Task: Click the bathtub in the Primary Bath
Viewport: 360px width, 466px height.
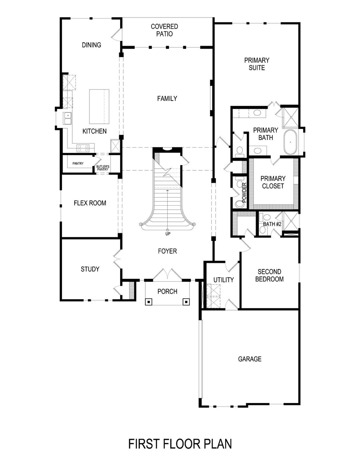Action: coord(290,142)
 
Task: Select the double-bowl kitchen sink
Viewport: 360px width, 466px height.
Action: coord(67,118)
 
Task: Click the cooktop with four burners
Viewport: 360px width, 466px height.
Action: coord(83,148)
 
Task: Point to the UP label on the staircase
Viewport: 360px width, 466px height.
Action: coord(168,234)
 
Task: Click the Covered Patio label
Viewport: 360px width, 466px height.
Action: coord(165,30)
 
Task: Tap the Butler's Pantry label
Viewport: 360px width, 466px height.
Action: coord(103,168)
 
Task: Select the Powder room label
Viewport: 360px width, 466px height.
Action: coord(244,193)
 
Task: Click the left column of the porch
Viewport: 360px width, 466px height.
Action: coord(148,302)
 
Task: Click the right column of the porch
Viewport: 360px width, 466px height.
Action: coord(186,302)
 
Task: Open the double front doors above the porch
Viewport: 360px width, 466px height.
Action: coord(167,274)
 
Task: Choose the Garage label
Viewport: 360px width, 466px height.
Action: coord(250,359)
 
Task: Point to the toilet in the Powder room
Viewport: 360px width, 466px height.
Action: coord(240,203)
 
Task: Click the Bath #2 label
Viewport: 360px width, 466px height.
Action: coord(272,224)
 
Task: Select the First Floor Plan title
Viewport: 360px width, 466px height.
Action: coord(180,444)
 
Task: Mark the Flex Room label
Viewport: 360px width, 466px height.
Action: coord(90,203)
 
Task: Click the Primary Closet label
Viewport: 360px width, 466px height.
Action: coord(273,182)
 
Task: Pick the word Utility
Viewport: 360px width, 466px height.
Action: coord(224,280)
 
